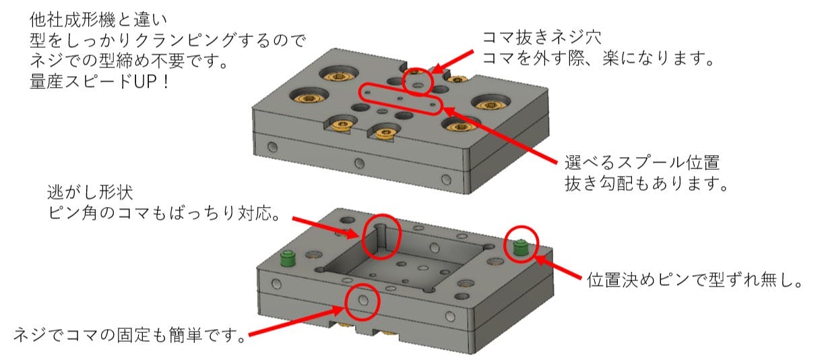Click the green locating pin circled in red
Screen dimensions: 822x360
pos(519,247)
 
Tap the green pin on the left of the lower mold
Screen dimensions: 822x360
pos(288,259)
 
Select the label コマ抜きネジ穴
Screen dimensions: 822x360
pos(542,38)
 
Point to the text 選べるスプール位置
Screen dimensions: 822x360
pos(642,162)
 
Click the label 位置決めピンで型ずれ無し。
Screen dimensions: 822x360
pos(695,280)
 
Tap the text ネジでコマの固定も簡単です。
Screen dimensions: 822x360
pos(129,335)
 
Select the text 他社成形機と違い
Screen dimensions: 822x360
pos(98,20)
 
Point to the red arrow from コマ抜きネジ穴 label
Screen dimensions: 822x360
pos(453,61)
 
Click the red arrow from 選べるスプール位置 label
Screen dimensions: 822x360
pos(501,134)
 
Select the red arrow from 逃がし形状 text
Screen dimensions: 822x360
pos(325,227)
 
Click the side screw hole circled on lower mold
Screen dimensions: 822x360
pos(363,300)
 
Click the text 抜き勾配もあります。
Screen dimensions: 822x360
pos(646,183)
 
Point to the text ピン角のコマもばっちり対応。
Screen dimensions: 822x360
pos(164,213)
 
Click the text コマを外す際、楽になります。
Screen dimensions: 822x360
pos(598,58)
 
